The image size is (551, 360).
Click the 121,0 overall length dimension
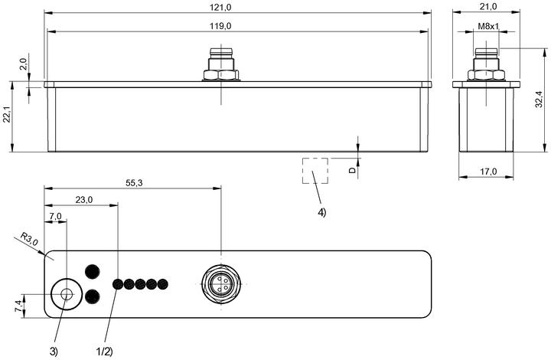coord(220,7)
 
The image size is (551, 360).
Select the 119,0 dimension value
coord(220,26)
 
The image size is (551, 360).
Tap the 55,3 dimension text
coord(134,183)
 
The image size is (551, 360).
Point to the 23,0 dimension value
coord(84,200)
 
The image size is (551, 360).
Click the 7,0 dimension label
coord(56,216)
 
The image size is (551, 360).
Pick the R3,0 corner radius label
coord(29,239)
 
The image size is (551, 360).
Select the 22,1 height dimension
coord(7,115)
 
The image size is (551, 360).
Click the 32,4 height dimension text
coord(540,99)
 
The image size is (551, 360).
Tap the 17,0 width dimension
coord(488,172)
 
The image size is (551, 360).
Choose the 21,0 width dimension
coord(488,7)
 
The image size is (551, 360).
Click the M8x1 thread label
coord(488,26)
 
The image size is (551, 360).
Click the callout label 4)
coord(322,212)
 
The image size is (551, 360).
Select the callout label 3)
coord(54,352)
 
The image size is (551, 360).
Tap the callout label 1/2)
coord(104,352)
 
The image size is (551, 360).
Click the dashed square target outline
coord(303,171)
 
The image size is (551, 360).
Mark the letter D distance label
coord(352,170)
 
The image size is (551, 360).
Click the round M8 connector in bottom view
coord(221,284)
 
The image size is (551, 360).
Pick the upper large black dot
coord(93,271)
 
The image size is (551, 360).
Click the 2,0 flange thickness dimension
coord(24,64)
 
